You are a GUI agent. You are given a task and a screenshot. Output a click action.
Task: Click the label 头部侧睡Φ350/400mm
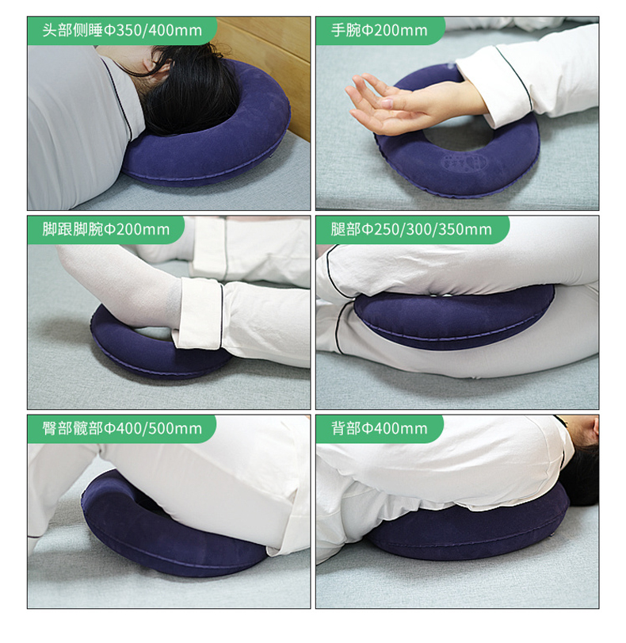122,30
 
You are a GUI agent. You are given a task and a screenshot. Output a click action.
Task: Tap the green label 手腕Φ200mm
380,30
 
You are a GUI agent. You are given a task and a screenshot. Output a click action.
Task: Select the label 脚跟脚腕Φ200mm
105,229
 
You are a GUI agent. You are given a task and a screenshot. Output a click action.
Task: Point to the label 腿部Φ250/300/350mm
411,229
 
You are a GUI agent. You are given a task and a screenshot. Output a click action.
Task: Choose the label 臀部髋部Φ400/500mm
122,428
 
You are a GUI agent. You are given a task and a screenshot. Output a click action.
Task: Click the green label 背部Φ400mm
380,428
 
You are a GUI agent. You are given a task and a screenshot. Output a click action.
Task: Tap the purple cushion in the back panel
464,533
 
